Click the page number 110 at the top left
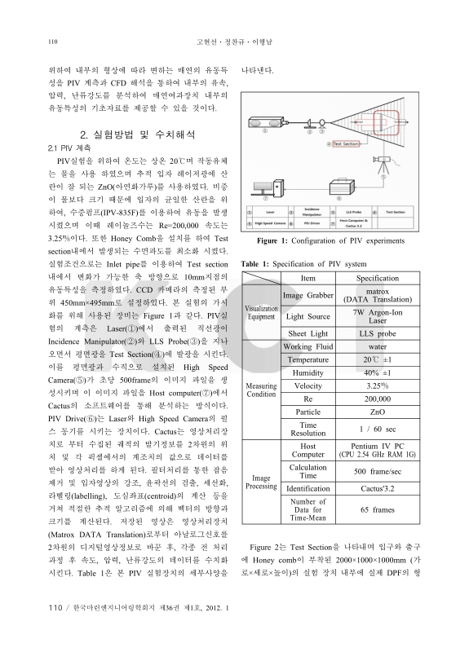(54, 41)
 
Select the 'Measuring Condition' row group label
(261, 389)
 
